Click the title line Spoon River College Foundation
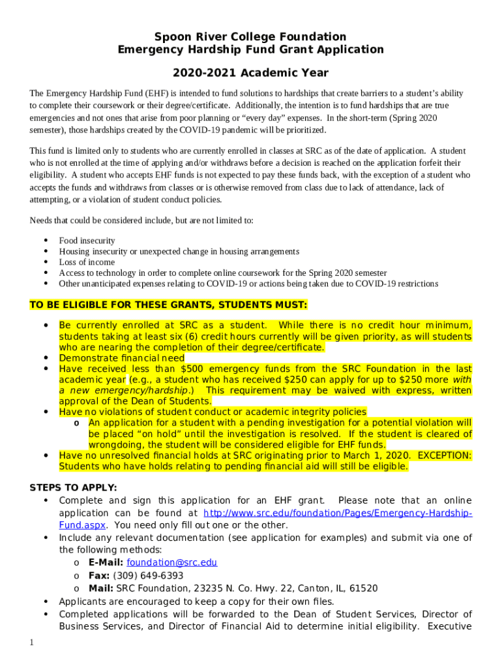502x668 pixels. coord(250,37)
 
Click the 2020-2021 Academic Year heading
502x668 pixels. coord(250,73)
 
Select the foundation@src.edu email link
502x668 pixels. coord(171,562)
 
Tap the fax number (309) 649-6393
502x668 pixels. coord(148,575)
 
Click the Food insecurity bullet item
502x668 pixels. coord(87,241)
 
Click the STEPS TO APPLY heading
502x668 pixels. coord(74,487)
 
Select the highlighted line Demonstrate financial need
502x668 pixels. coord(121,358)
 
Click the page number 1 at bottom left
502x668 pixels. coord(32,643)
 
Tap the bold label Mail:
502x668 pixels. coord(101,588)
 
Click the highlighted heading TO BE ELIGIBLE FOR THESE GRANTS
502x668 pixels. coord(169,305)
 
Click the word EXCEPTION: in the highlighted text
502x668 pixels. coord(445,455)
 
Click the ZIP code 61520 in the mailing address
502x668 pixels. coord(363,588)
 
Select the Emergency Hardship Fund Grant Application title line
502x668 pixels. coord(250,50)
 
